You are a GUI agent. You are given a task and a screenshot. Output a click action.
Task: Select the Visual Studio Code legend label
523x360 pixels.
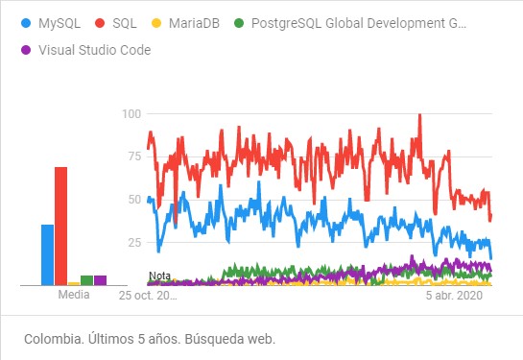pyautogui.click(x=94, y=50)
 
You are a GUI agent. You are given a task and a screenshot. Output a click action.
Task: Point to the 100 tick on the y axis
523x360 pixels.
pyautogui.click(x=131, y=114)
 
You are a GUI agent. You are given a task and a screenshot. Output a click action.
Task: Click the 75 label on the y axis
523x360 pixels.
pyautogui.click(x=134, y=156)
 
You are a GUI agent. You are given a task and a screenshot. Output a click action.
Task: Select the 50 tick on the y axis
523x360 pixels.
pyautogui.click(x=134, y=200)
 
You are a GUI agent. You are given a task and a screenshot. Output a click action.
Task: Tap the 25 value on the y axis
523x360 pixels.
pyautogui.click(x=134, y=242)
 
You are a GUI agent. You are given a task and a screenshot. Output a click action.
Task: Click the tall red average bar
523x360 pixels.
pyautogui.click(x=60, y=226)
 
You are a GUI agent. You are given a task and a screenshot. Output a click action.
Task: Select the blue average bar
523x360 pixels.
pyautogui.click(x=47, y=254)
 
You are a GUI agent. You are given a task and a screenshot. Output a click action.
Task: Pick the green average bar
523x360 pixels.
pyautogui.click(x=86, y=280)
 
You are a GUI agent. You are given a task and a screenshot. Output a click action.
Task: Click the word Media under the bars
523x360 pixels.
pyautogui.click(x=73, y=295)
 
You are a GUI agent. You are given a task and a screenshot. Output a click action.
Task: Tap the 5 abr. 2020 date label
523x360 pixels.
pyautogui.click(x=454, y=296)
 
